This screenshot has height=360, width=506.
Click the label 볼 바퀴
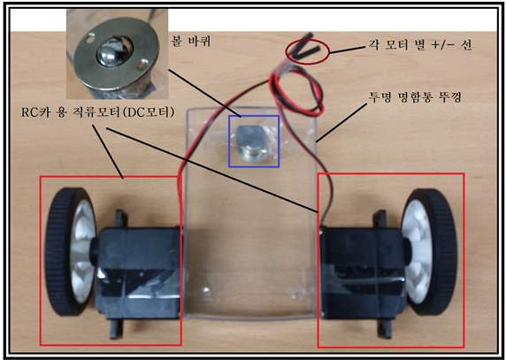tap(191, 42)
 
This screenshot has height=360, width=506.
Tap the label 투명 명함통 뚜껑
tap(415, 96)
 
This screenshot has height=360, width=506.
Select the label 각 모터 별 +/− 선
tap(420, 44)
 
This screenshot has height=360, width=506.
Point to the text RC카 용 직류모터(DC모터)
tap(98, 112)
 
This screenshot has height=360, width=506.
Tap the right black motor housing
tap(362, 272)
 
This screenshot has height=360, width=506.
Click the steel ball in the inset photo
tap(110, 54)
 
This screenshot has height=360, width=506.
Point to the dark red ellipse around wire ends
tap(308, 51)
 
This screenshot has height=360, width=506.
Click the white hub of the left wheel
tap(83, 251)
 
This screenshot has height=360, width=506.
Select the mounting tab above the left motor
tap(120, 219)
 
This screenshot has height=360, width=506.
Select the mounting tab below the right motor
tap(383, 328)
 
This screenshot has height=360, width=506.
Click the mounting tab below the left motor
tap(116, 328)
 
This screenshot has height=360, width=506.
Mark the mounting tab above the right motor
tap(379, 219)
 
